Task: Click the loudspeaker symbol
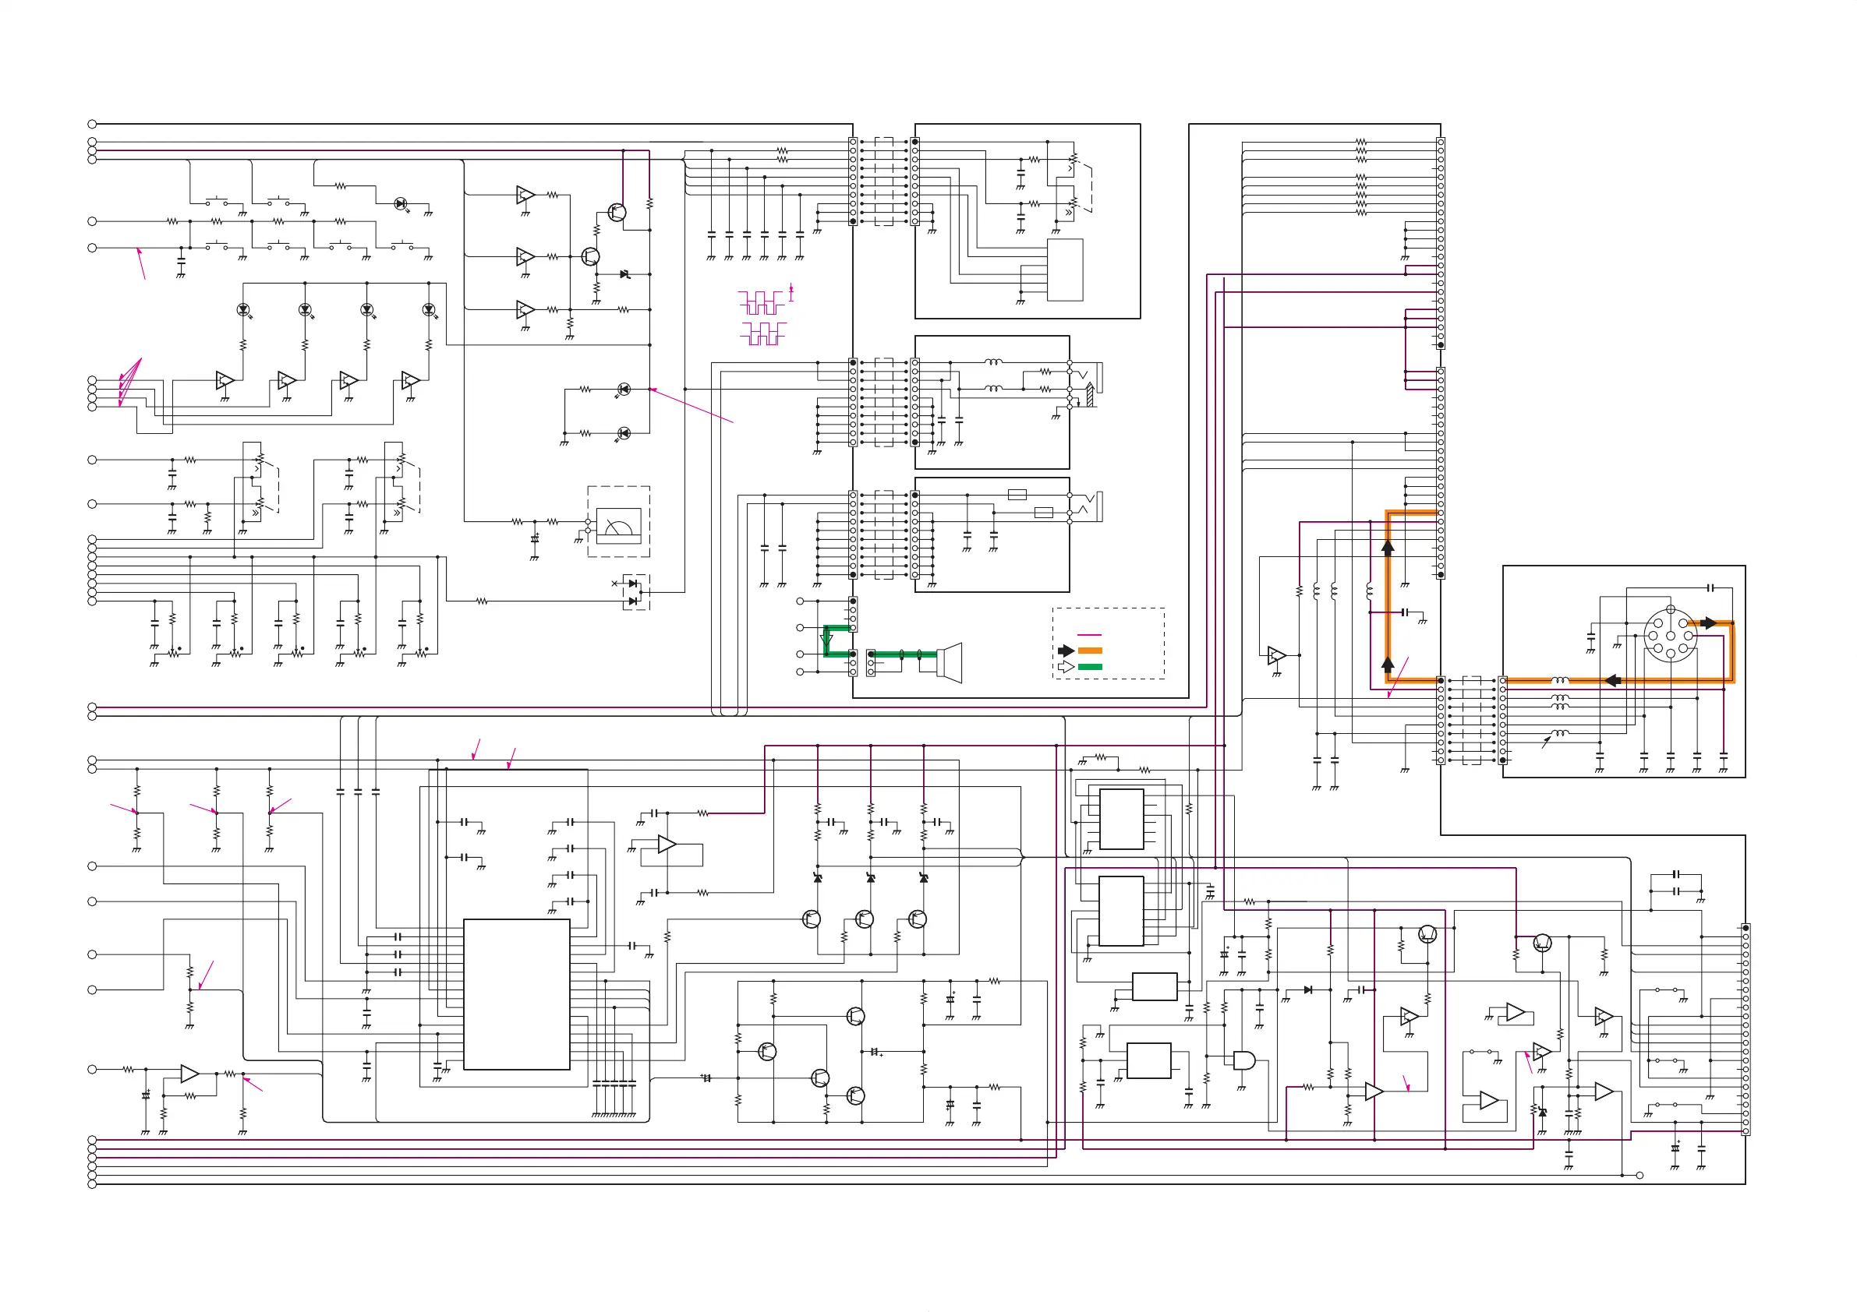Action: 950,662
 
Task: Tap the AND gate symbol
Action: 1243,1060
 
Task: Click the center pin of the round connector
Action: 1670,636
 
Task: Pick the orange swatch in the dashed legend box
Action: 1089,651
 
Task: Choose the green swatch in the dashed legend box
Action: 1089,667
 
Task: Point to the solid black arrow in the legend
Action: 1066,651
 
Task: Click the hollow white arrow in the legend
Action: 1066,667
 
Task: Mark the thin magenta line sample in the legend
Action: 1089,637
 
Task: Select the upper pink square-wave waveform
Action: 761,303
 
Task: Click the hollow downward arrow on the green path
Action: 826,640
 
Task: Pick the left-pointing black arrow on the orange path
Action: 1612,681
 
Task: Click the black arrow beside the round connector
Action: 1708,623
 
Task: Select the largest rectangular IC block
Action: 516,994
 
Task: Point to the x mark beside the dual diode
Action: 614,583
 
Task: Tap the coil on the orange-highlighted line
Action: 1560,681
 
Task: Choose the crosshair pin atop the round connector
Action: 1670,609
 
